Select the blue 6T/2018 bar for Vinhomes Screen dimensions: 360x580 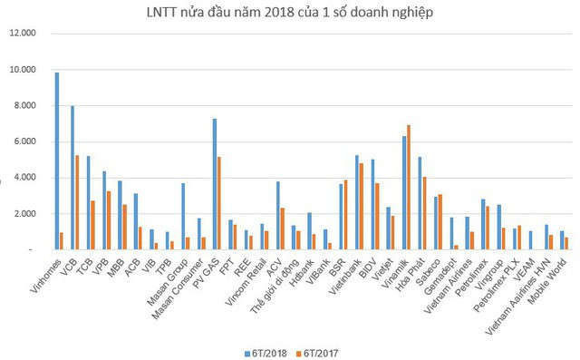56,161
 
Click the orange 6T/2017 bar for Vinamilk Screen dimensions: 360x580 409,187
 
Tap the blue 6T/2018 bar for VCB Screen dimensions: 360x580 72,178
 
